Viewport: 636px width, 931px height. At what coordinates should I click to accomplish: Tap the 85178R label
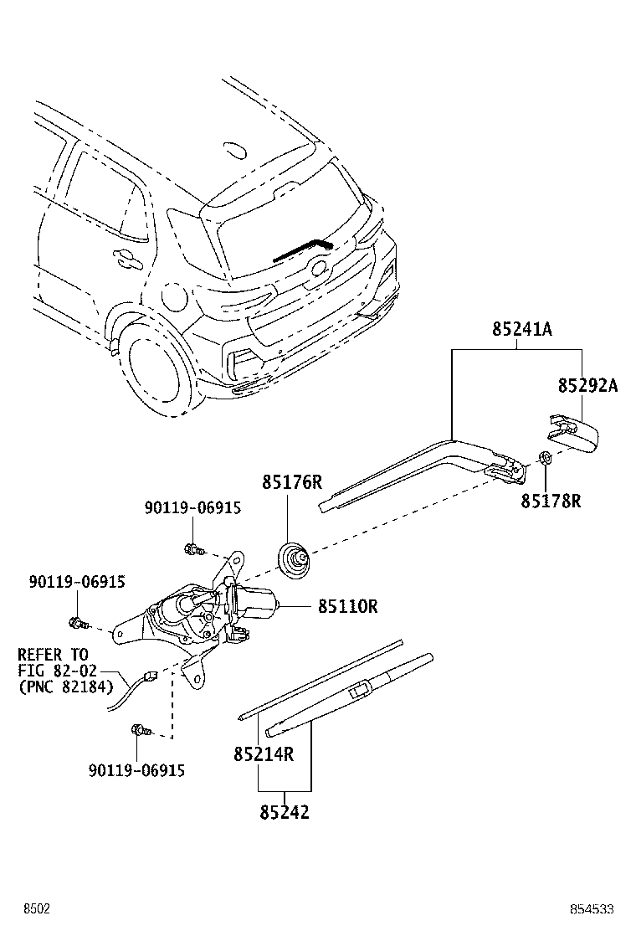[551, 502]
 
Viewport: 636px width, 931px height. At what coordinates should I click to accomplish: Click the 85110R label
[347, 606]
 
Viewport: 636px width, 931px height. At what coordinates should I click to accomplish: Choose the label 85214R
[264, 754]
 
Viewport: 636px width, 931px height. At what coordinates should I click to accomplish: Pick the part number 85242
[285, 812]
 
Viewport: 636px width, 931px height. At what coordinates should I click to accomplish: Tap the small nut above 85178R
[544, 458]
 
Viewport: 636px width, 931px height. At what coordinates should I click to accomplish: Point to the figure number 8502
[37, 909]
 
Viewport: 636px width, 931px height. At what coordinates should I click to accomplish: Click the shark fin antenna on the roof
[234, 152]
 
